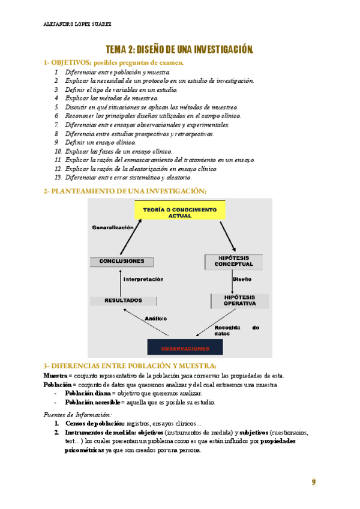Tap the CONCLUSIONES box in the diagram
(121, 261)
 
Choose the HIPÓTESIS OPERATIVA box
(239, 300)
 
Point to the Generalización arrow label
(112, 227)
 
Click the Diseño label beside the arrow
(242, 279)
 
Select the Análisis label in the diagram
(156, 318)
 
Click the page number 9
(313, 482)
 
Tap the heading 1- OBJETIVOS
(66, 62)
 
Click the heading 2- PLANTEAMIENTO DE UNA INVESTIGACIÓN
(125, 191)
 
